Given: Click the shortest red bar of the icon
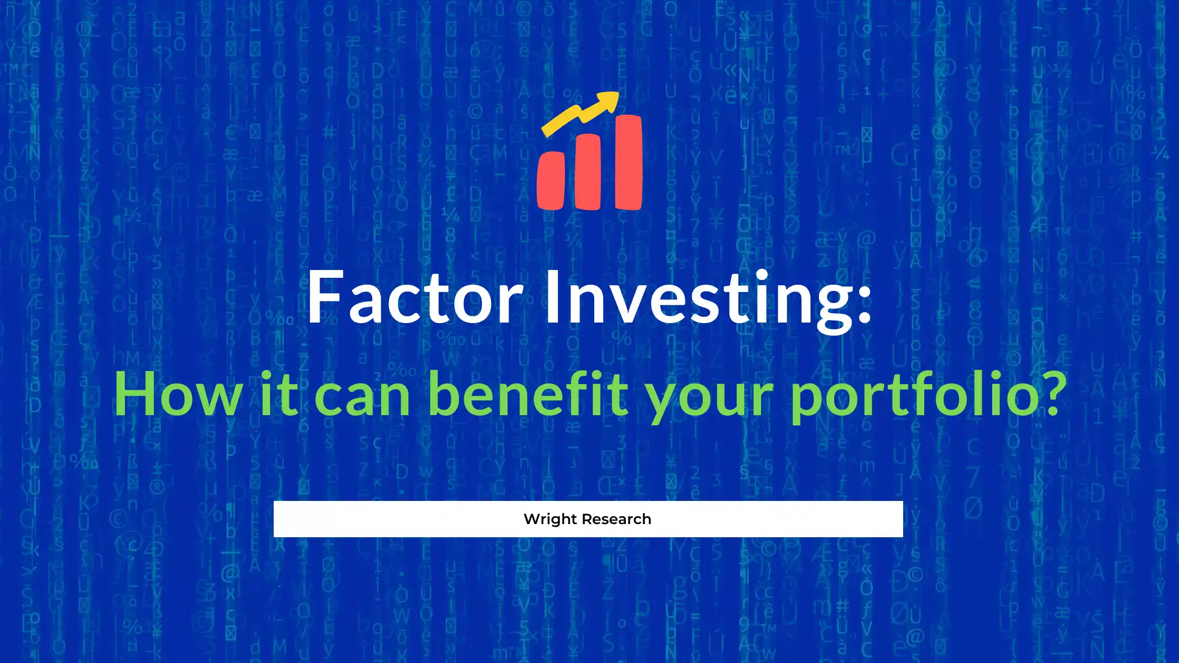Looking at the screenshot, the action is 551,180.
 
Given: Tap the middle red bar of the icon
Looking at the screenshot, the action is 588,172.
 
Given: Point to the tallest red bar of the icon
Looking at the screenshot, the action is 628,162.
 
